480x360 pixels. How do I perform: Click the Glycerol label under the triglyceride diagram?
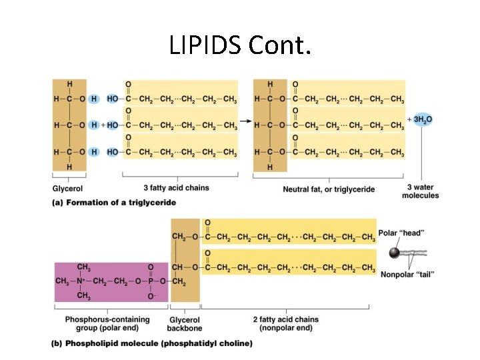pos(67,188)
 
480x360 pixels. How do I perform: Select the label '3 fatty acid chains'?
pos(176,188)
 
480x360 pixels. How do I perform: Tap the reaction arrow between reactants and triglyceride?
pos(245,122)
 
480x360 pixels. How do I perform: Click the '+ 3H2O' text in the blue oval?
pos(421,119)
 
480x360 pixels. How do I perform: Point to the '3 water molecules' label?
pos(420,191)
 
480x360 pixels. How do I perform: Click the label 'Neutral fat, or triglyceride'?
pos(329,189)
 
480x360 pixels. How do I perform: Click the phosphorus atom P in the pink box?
pos(151,281)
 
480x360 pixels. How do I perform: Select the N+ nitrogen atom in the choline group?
pos(84,281)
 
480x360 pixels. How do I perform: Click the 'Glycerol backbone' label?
pos(185,324)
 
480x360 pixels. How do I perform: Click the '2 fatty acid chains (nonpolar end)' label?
pos(285,324)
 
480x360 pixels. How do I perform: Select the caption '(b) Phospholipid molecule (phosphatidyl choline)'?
pos(152,344)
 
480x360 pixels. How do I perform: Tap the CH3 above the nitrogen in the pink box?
pos(84,267)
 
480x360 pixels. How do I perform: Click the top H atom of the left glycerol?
pos(69,84)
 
